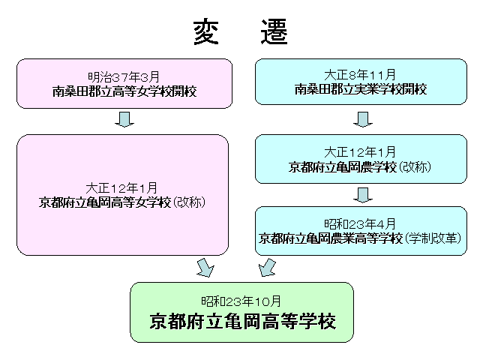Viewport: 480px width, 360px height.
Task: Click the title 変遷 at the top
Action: click(240, 34)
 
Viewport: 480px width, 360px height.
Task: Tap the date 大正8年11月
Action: click(361, 76)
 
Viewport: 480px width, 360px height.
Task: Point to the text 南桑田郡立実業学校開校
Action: click(361, 89)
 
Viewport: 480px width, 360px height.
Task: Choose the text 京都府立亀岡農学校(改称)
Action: click(361, 166)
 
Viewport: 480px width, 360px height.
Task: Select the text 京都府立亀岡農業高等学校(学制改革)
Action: click(361, 238)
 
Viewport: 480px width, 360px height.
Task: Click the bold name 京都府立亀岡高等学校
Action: click(241, 320)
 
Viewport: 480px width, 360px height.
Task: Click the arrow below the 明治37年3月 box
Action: click(124, 119)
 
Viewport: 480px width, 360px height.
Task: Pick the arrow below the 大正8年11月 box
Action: click(363, 119)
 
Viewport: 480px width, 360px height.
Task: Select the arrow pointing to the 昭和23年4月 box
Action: click(363, 194)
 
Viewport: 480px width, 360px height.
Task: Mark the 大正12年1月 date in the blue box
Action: click(361, 151)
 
